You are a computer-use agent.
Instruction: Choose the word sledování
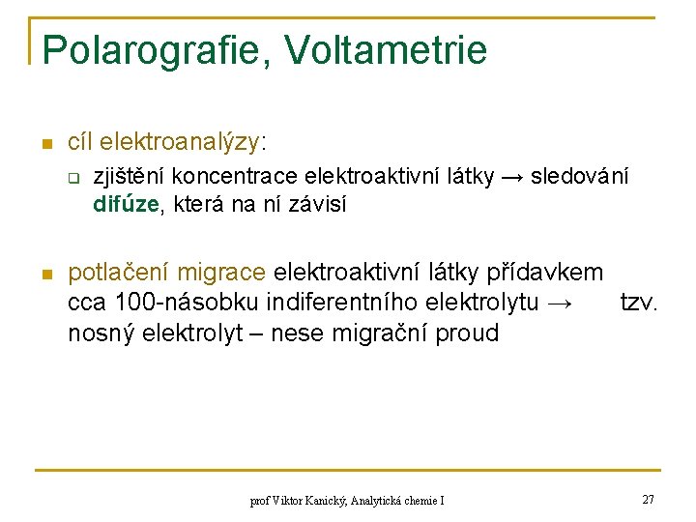point(580,177)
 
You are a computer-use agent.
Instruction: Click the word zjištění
point(129,177)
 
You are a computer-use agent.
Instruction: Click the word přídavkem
point(548,274)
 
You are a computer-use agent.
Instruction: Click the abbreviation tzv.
point(638,303)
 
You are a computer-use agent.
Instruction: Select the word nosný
point(101,333)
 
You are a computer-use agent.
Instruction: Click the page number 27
point(648,500)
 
